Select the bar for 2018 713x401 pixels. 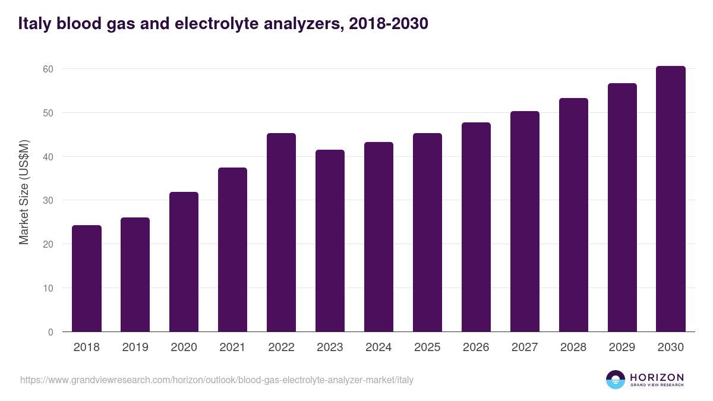[87, 279]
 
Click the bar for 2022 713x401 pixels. [281, 232]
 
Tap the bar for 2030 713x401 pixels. [671, 199]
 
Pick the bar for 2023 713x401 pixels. [330, 241]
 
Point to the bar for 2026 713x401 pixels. [476, 227]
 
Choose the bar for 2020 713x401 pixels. [184, 262]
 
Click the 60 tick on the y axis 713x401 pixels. [48, 69]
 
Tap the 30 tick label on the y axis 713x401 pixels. [48, 200]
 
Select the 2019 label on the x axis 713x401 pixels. [135, 348]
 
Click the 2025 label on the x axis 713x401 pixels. [427, 348]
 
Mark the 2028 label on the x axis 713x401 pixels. [573, 348]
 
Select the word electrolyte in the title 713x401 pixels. [226, 24]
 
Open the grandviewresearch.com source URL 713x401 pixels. [217, 380]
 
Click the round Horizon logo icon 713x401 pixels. [616, 380]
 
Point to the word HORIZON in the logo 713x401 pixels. [657, 377]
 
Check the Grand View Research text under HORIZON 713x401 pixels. [657, 386]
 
